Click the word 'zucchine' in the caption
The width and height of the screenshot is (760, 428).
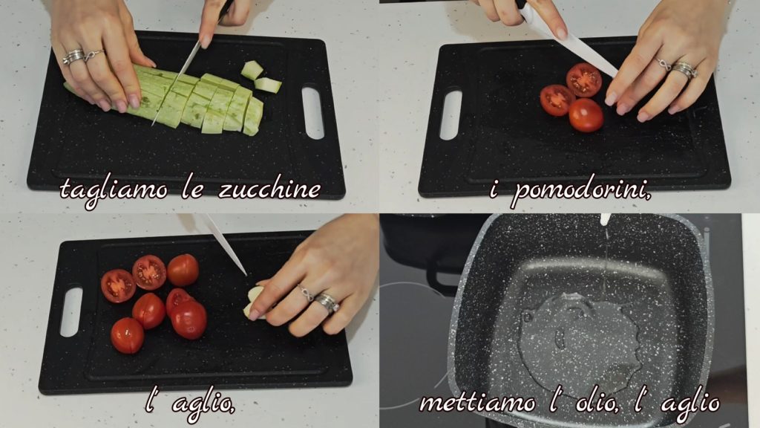point(269,189)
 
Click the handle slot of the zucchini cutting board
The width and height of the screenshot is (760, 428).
point(312,113)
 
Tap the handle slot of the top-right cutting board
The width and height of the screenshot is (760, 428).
point(451,115)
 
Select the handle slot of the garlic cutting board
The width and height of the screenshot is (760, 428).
point(71,312)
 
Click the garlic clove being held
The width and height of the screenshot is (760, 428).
point(254,303)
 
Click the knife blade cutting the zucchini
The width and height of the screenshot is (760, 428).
point(175,82)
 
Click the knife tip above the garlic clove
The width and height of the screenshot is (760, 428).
point(246,275)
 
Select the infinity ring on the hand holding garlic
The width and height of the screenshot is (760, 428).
point(306,293)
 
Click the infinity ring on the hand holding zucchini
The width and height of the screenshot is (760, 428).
point(94,55)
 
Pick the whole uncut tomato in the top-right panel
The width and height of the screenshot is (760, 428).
point(586,115)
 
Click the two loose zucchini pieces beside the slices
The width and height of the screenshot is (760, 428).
point(261,77)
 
